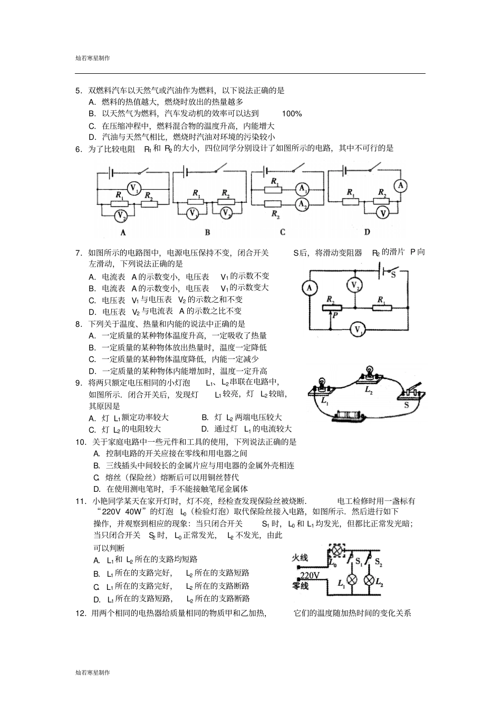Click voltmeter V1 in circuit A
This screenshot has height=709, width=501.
(x=134, y=188)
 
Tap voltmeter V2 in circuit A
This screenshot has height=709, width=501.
(x=121, y=215)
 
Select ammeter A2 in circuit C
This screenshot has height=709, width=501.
(x=302, y=203)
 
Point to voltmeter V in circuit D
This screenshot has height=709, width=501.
(x=384, y=212)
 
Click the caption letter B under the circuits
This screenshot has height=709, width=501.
(x=207, y=232)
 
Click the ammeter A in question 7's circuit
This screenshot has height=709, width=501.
(x=310, y=287)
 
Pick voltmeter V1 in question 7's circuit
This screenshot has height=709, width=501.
(x=359, y=330)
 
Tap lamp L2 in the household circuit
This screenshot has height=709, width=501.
(x=370, y=580)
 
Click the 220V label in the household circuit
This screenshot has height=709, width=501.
(x=310, y=575)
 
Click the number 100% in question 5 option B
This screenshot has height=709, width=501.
(x=292, y=114)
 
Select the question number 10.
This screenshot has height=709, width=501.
(x=81, y=442)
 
